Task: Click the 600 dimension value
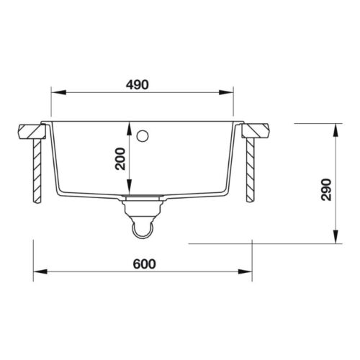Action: (x=145, y=264)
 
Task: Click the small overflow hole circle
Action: (x=143, y=135)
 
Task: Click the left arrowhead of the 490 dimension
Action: (x=55, y=91)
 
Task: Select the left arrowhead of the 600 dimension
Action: (x=38, y=271)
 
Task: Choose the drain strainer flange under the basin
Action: (x=143, y=198)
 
